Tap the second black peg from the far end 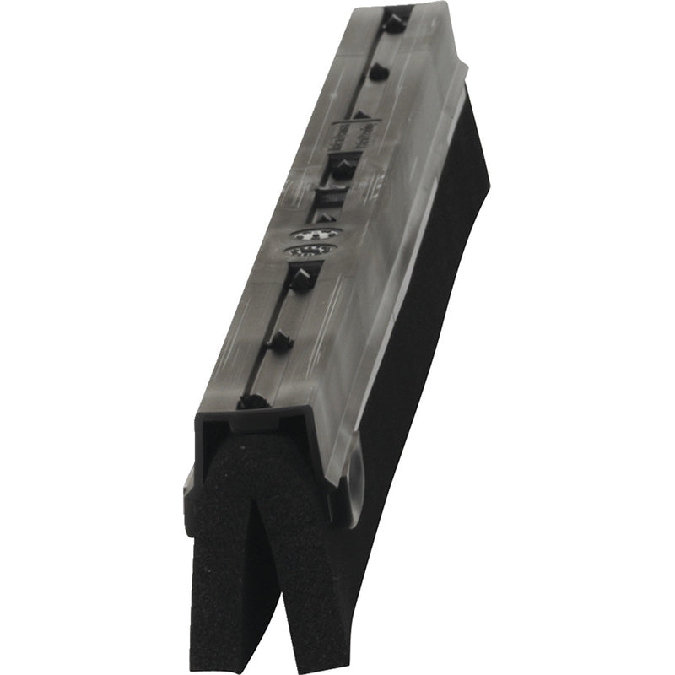pyautogui.click(x=377, y=73)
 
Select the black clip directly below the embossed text pyautogui.click(x=342, y=168)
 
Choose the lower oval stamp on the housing pyautogui.click(x=310, y=250)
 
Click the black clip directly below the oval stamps pyautogui.click(x=301, y=278)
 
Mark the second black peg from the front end pyautogui.click(x=279, y=341)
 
